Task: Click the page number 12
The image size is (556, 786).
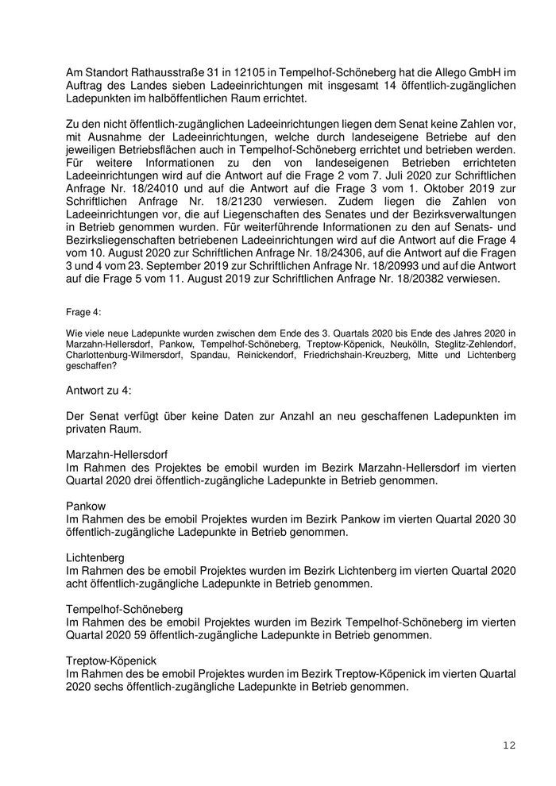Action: coord(509,746)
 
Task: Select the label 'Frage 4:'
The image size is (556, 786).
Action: coord(83,313)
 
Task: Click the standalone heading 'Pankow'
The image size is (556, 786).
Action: coord(86,506)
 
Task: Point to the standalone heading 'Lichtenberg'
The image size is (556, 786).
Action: coord(95,558)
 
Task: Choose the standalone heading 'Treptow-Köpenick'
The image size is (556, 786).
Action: coord(111,661)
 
